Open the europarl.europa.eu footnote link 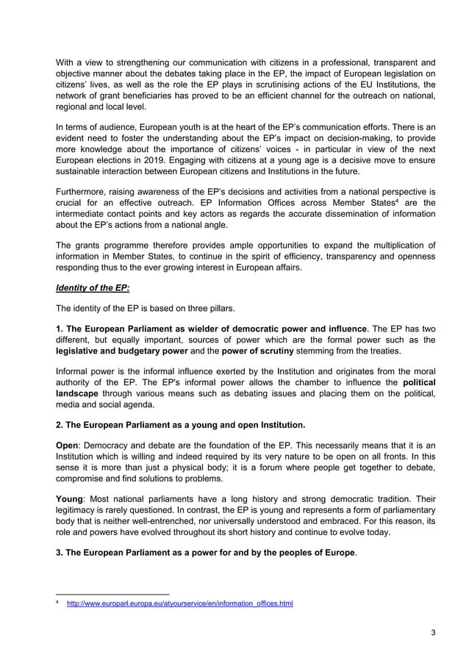pyautogui.click(x=179, y=604)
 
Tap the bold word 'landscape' pyautogui.click(x=81, y=393)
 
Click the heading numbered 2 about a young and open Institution pyautogui.click(x=180, y=425)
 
